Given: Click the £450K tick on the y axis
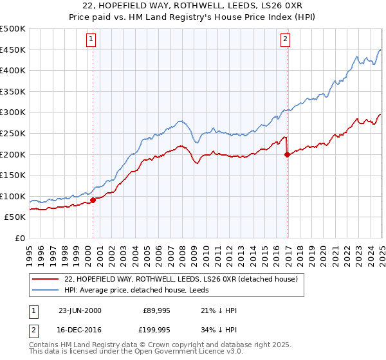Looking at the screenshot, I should click(13, 50).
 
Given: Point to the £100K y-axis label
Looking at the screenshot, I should click(13, 196).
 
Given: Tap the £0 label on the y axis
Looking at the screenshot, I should click(19, 238).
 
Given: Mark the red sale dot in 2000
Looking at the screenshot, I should click(93, 200).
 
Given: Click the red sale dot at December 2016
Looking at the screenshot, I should click(287, 154).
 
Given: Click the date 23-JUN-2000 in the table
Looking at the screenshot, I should click(80, 310).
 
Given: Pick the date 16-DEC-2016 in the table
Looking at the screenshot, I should click(80, 329).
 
